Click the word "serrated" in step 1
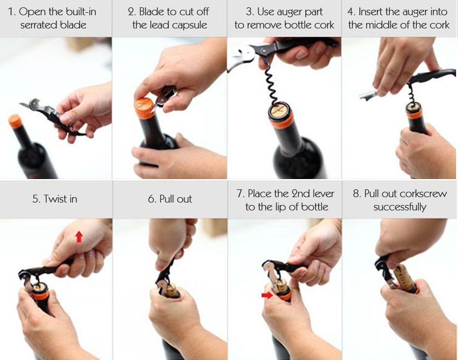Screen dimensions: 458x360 coord(39,25)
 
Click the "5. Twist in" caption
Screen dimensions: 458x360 coord(54,199)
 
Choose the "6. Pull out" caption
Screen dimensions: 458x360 coord(170,199)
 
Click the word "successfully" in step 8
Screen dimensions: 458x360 coord(400,207)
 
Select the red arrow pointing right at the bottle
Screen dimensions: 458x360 coord(267,295)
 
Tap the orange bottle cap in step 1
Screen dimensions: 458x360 coord(15,121)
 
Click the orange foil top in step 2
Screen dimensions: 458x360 coord(145,107)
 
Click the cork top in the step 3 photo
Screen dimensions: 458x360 coord(279,109)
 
